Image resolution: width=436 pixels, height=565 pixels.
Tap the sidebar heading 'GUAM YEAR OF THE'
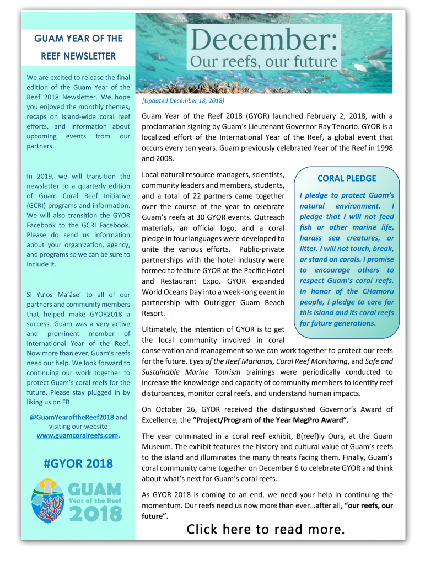tap(78, 39)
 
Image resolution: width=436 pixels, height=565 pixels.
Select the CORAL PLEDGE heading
tap(347, 178)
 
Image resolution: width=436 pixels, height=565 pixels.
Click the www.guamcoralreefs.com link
tap(77, 435)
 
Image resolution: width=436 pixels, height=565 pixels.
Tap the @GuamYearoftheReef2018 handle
tap(72, 417)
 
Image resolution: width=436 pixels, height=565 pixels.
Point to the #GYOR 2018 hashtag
tap(78, 463)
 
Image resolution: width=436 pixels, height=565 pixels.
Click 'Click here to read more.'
tap(266, 529)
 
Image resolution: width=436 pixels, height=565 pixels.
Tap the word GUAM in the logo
tap(95, 489)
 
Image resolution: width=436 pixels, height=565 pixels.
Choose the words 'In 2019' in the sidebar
tap(40, 177)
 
